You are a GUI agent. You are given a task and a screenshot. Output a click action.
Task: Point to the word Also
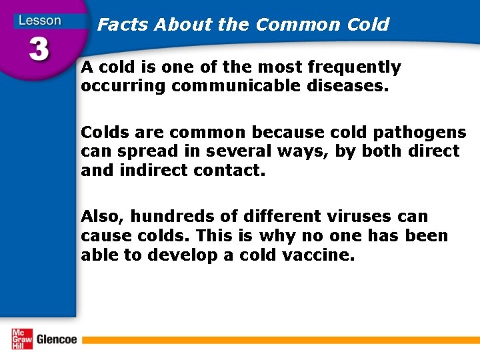103,217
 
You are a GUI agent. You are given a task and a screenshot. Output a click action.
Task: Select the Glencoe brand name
57,339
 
